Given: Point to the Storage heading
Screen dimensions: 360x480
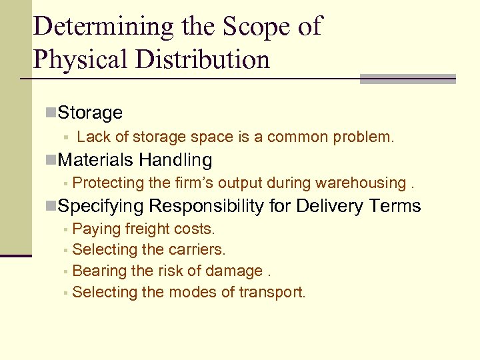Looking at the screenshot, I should coord(90,113).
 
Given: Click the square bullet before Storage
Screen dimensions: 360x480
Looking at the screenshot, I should coord(51,112).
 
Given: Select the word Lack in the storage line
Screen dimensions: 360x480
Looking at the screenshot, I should coord(93,137).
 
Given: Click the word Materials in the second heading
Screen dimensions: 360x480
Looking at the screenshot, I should coord(96,160).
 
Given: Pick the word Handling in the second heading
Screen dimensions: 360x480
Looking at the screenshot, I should coord(175,160).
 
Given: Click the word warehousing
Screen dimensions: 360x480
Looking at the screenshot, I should coord(361,183).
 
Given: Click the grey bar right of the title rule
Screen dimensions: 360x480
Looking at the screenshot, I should coord(407,79).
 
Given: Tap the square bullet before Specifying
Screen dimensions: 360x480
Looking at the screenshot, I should coord(51,206).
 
